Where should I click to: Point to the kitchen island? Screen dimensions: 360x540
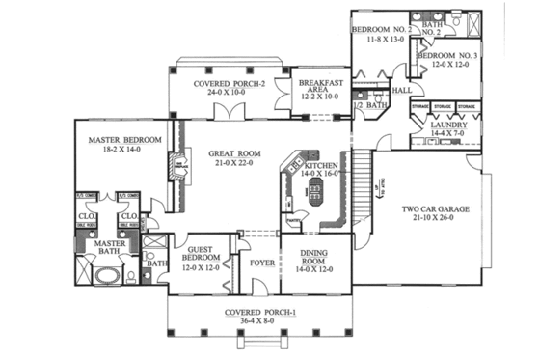pos(314,192)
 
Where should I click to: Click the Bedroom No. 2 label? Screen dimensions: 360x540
pos(381,30)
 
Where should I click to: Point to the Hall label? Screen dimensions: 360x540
pos(401,90)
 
